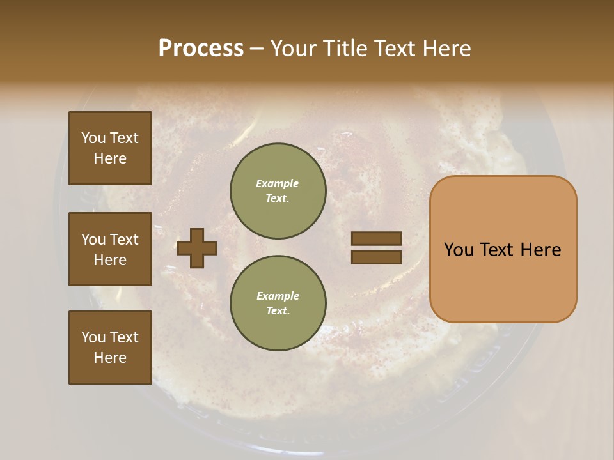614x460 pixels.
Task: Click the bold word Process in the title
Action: (x=201, y=49)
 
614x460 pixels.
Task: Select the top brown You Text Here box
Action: (x=110, y=148)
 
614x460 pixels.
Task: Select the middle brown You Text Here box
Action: (x=110, y=249)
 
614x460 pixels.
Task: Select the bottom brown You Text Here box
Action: (x=110, y=348)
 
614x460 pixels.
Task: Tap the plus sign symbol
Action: (x=197, y=248)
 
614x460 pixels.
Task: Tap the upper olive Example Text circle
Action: (x=278, y=191)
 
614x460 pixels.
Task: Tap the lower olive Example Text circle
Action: (x=278, y=303)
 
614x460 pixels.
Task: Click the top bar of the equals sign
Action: (x=376, y=239)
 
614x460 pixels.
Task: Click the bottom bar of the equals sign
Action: (x=376, y=257)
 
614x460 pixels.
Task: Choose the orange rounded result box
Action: (x=503, y=249)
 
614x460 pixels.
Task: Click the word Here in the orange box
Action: (x=540, y=250)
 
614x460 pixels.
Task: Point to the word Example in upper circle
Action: (x=278, y=183)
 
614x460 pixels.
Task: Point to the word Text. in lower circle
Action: (x=278, y=311)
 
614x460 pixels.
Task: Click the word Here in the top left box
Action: (x=110, y=158)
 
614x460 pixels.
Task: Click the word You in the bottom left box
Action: (x=93, y=337)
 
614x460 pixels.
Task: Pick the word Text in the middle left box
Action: (x=124, y=240)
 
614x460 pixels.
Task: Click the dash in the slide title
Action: (x=257, y=49)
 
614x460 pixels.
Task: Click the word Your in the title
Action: (x=294, y=49)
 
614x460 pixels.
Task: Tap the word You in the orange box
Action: (x=459, y=250)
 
